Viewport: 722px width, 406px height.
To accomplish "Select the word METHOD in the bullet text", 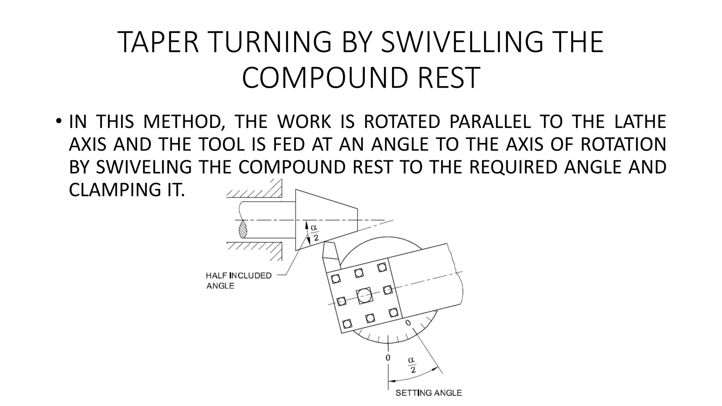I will (184, 122).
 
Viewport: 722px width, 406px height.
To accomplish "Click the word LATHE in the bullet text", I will (640, 122).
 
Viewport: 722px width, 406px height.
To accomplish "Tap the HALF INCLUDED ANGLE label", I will (238, 281).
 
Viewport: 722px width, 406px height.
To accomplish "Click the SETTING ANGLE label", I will (428, 393).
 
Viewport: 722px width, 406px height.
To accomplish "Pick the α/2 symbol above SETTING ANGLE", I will (411, 365).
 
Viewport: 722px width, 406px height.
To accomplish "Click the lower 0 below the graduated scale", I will (388, 357).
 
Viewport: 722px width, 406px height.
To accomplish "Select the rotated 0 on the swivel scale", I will (408, 323).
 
